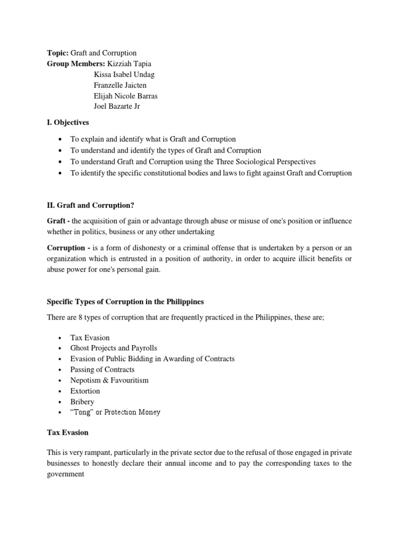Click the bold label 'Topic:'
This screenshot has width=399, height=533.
coord(58,53)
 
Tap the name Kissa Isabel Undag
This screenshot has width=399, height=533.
coord(124,74)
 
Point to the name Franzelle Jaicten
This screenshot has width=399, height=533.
coord(121,85)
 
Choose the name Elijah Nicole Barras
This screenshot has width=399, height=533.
coord(125,96)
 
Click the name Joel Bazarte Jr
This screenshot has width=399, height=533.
coord(117,106)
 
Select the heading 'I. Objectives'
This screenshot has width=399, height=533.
coord(68,123)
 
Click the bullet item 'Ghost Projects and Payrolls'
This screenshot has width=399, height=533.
coord(113,348)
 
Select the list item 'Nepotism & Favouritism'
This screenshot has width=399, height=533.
coord(109,380)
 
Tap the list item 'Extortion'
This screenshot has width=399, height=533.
coord(85,391)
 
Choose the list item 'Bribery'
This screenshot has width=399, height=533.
coord(83,401)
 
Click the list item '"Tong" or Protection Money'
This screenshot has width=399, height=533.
coord(115,412)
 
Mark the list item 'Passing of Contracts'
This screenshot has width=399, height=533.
coord(102,370)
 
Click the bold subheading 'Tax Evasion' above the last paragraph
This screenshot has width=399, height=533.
coord(68,433)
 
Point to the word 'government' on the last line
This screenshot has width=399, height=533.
coord(65,474)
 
